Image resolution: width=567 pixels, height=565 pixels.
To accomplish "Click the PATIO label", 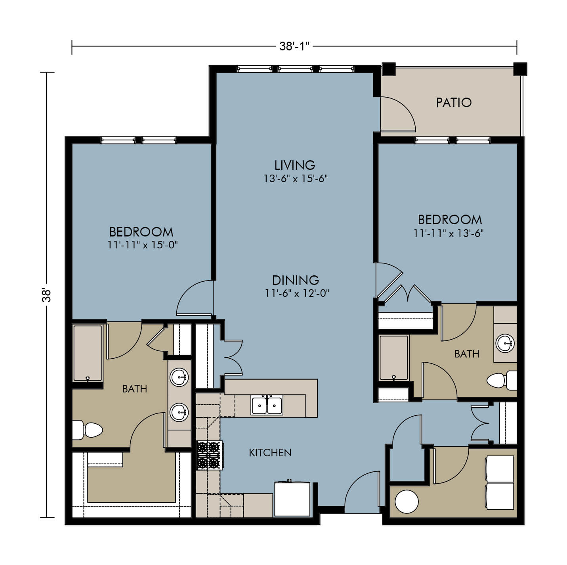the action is pyautogui.click(x=453, y=102).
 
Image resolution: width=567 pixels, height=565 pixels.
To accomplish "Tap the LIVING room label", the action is pyautogui.click(x=294, y=165).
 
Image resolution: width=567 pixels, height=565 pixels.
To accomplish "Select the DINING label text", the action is pyautogui.click(x=296, y=280).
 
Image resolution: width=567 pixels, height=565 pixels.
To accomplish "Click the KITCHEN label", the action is pyautogui.click(x=270, y=452).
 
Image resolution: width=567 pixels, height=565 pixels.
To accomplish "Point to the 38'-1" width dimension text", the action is pyautogui.click(x=294, y=46).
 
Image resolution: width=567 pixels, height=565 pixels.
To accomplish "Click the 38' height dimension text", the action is pyautogui.click(x=46, y=295).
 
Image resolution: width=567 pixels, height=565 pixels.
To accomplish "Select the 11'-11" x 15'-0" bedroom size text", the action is pyautogui.click(x=142, y=245).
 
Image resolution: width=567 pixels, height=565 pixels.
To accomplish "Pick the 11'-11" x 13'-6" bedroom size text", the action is pyautogui.click(x=449, y=233).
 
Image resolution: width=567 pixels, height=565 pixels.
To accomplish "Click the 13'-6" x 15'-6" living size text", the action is pyautogui.click(x=295, y=178).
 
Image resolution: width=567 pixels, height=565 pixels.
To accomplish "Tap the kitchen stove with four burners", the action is pyautogui.click(x=210, y=455).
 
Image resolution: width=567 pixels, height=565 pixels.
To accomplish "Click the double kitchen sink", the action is pyautogui.click(x=267, y=405).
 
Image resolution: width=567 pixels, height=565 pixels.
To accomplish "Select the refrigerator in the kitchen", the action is pyautogui.click(x=292, y=499).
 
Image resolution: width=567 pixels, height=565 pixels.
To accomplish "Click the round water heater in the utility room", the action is pyautogui.click(x=407, y=502).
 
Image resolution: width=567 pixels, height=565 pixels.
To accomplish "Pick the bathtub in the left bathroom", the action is pyautogui.click(x=88, y=353).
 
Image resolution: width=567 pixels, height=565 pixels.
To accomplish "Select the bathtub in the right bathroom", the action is pyautogui.click(x=394, y=357).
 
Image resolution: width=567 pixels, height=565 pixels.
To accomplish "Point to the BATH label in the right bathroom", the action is pyautogui.click(x=467, y=354).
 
